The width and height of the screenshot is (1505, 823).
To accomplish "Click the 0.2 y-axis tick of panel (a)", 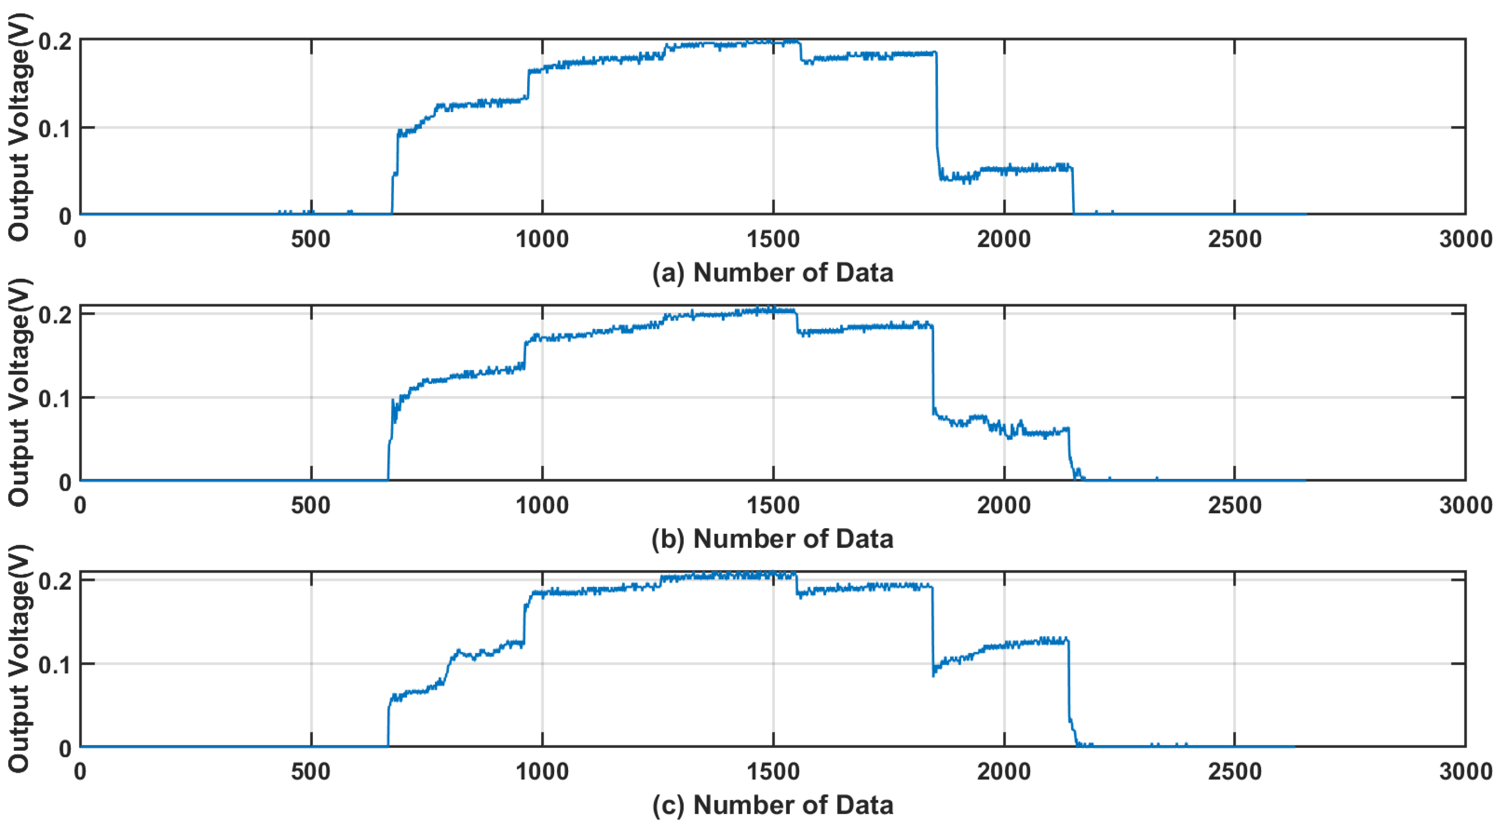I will tap(55, 41).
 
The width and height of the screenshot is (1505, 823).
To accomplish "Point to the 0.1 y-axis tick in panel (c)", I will tap(55, 665).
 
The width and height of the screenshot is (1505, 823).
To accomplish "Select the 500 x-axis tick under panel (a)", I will tap(311, 239).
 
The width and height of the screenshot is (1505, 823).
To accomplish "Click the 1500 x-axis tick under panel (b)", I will tap(773, 505).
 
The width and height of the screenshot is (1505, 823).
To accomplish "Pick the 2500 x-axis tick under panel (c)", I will tap(1234, 772).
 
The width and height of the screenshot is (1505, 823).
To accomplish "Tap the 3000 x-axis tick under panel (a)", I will tap(1465, 239).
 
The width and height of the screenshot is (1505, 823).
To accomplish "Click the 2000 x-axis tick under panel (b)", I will tap(1004, 505).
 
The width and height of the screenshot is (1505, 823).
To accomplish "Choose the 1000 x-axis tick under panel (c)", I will tap(542, 772).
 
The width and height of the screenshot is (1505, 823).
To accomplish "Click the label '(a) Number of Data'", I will tap(772, 273).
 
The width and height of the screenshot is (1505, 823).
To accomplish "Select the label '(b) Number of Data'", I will tap(772, 539).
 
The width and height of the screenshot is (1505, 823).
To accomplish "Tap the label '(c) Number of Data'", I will tap(772, 805).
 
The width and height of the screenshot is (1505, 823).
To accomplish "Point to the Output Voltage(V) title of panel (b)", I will tap(19, 393).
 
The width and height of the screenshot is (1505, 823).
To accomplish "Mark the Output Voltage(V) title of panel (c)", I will tap(19, 659).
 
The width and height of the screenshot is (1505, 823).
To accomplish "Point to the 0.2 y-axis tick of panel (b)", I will tap(55, 315).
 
